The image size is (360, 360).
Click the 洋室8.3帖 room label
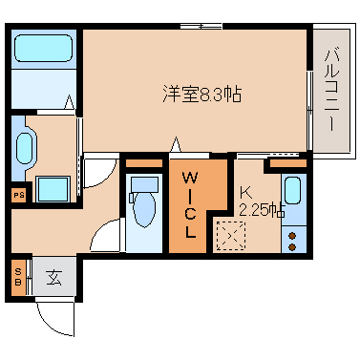202,94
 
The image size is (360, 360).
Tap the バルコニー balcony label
331,90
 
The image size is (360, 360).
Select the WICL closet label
190,205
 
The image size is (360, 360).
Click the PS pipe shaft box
19,195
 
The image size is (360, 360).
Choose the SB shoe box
18,277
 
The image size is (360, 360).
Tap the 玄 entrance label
54,277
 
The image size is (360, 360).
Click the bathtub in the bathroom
43,48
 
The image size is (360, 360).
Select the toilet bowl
144,208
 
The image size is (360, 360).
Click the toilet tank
144,185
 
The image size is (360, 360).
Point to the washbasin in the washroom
24,148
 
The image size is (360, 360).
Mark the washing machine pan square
53,189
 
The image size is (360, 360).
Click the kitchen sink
293,190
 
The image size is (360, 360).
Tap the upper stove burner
293,236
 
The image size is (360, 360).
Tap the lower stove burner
293,247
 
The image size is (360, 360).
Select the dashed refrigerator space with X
231,236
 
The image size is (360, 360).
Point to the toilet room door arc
101,231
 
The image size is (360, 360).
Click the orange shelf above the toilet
144,163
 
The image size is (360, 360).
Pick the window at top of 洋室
201,27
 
